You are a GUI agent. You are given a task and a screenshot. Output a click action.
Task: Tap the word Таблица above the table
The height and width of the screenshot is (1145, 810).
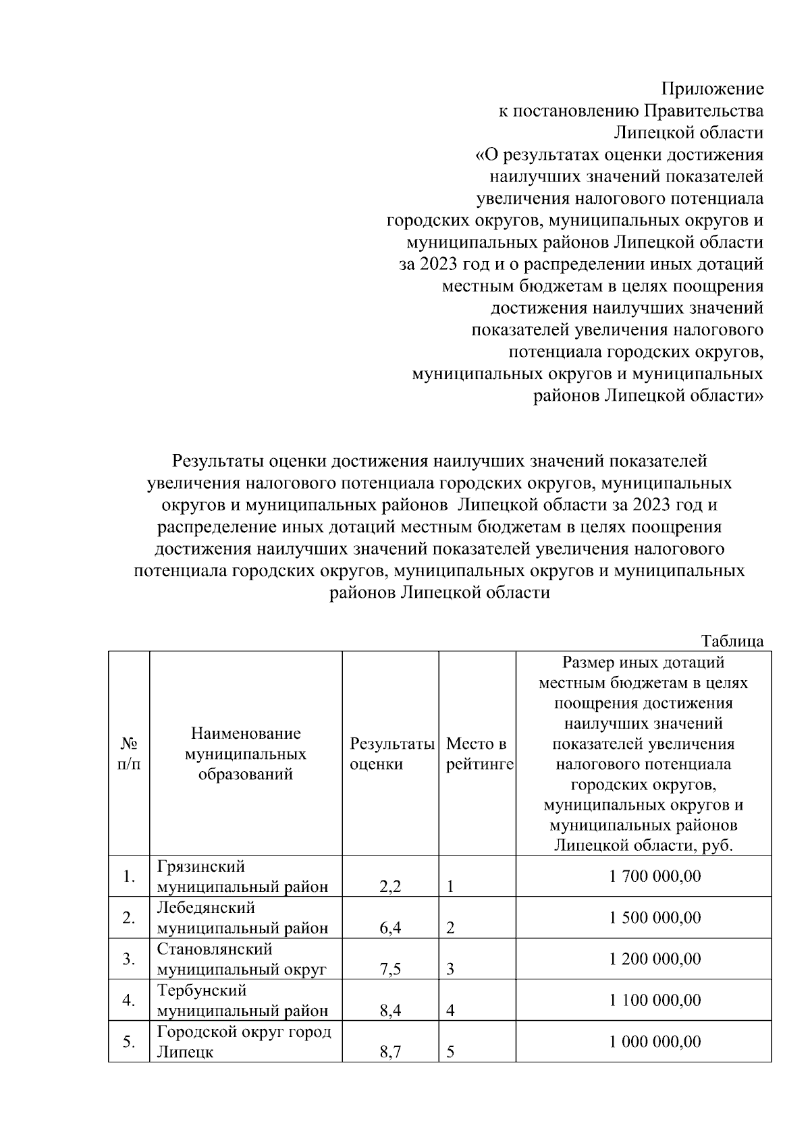tap(732, 641)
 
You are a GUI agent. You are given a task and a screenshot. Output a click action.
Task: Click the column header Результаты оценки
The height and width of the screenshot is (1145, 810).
tap(391, 754)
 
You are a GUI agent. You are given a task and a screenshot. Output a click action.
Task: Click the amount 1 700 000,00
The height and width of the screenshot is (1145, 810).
tap(654, 876)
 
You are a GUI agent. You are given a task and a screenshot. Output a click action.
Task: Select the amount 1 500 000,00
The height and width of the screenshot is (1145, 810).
tap(654, 918)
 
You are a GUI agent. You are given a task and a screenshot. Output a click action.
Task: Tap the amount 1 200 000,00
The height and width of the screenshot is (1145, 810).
tap(654, 959)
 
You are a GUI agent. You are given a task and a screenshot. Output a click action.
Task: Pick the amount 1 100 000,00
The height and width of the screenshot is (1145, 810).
tap(654, 1000)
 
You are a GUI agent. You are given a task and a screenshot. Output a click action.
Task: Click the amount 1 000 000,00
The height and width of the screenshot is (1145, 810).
tap(654, 1041)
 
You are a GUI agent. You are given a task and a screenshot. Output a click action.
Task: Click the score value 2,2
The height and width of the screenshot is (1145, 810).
tap(390, 887)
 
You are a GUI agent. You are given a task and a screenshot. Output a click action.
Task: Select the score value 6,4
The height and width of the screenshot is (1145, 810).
tap(390, 928)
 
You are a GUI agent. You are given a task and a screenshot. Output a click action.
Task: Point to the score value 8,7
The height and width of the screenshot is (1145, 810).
tap(390, 1051)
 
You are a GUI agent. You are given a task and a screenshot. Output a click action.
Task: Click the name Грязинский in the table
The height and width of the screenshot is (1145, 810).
tap(201, 866)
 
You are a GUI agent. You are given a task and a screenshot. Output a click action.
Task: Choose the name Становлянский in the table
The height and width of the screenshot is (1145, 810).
tap(215, 949)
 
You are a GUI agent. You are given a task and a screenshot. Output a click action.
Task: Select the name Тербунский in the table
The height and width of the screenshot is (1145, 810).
tap(202, 990)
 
